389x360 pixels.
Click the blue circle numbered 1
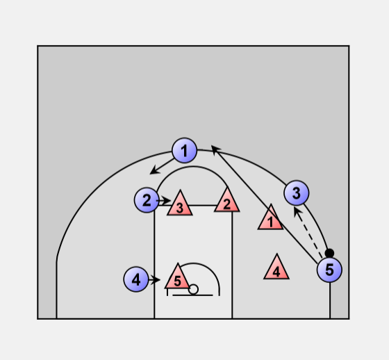(x=184, y=150)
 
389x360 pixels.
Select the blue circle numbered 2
(x=147, y=200)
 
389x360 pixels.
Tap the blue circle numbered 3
(x=297, y=193)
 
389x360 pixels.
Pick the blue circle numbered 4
(x=136, y=279)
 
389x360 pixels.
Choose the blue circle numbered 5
(x=329, y=270)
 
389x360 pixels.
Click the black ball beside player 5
(x=329, y=253)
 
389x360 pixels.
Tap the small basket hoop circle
(x=193, y=290)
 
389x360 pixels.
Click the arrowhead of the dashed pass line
(x=297, y=211)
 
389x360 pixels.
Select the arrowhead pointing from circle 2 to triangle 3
(x=167, y=200)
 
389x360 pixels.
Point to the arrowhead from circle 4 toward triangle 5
(x=156, y=280)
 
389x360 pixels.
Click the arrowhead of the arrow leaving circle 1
(x=154, y=170)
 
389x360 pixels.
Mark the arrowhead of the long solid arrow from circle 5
(x=215, y=149)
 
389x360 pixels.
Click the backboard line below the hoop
(x=192, y=295)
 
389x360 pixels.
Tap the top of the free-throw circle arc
(x=193, y=167)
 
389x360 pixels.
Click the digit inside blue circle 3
(x=297, y=193)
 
